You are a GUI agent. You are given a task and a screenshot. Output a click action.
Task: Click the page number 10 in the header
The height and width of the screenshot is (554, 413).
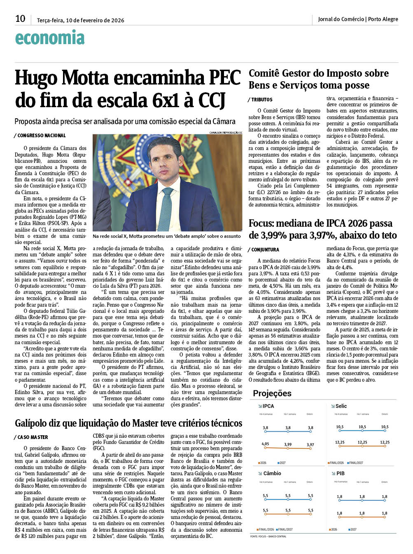(20, 19)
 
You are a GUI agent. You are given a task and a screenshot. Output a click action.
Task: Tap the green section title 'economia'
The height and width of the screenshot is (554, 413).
(50, 38)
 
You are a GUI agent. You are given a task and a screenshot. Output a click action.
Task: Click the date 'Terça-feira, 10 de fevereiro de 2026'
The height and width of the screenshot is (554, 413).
(80, 20)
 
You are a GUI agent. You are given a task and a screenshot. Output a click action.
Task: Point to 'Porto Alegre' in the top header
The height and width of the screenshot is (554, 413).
(383, 19)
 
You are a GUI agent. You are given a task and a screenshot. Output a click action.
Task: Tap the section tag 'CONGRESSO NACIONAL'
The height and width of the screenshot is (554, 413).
(41, 136)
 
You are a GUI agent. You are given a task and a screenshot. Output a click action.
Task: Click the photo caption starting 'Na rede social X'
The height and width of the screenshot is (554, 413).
(166, 236)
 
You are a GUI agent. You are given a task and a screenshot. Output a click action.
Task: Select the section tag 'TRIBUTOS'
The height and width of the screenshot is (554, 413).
(261, 100)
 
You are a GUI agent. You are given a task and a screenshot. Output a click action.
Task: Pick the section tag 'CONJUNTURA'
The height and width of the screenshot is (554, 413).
(265, 250)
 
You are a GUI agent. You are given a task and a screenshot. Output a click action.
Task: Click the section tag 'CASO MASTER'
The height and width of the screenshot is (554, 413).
(33, 437)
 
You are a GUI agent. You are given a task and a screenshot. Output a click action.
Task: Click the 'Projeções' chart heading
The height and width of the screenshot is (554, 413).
(272, 393)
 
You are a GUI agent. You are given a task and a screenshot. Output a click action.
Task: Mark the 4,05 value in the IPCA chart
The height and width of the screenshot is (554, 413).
(265, 444)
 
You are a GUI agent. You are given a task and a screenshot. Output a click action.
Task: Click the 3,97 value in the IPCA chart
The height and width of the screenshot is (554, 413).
(310, 445)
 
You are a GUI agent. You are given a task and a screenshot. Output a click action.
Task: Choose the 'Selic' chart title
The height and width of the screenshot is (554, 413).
(341, 406)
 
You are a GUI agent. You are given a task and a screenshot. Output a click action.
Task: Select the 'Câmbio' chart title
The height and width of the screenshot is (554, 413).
(272, 474)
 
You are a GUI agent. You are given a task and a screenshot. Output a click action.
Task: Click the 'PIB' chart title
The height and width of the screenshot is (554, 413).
(341, 474)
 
